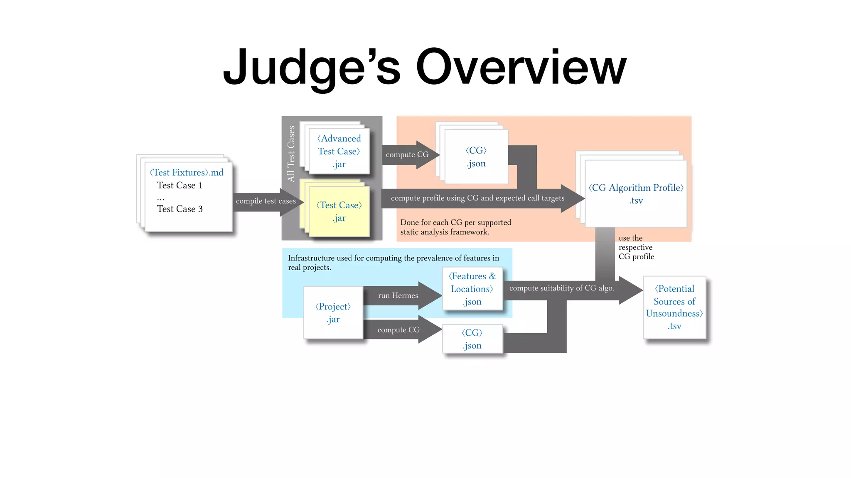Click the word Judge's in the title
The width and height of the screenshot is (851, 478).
tap(312, 67)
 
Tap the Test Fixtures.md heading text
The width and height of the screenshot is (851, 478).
tap(187, 173)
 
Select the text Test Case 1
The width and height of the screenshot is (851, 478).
tap(180, 185)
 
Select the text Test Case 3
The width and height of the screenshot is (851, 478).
tap(180, 209)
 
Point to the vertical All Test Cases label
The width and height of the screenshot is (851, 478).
tap(291, 154)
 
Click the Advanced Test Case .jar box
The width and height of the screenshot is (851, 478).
tap(339, 151)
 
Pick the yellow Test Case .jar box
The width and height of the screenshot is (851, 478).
tap(339, 212)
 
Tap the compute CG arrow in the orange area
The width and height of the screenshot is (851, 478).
tap(407, 155)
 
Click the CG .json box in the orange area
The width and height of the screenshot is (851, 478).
tap(476, 157)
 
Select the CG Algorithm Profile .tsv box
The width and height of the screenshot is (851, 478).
tap(636, 194)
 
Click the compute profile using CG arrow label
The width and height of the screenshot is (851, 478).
tap(477, 198)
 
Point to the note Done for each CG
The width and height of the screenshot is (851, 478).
tap(455, 227)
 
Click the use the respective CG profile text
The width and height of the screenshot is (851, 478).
tap(636, 247)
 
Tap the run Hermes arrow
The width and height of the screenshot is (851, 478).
tap(398, 296)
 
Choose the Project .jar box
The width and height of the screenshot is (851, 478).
tap(333, 313)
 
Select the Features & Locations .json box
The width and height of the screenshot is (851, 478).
tap(472, 289)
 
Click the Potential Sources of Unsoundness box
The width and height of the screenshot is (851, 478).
tap(674, 307)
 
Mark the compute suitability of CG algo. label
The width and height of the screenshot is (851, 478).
tap(561, 288)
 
